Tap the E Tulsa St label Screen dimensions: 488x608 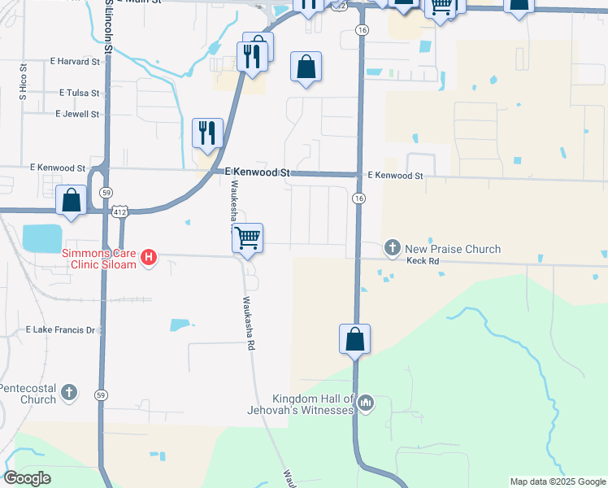point(79,94)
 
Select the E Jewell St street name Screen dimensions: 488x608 point(77,114)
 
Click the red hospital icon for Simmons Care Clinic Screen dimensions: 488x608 point(149,258)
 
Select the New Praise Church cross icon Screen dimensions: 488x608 point(392,248)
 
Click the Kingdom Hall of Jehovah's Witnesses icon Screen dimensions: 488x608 point(366,403)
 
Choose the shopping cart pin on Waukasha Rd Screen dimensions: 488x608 point(247,238)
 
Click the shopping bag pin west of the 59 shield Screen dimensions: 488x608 point(72,200)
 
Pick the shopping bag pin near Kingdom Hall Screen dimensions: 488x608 point(355,339)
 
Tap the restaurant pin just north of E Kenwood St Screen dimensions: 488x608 point(207,133)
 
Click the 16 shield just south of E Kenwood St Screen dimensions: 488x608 point(358,198)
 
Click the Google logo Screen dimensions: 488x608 point(28,478)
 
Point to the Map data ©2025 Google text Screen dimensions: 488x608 point(558,481)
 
